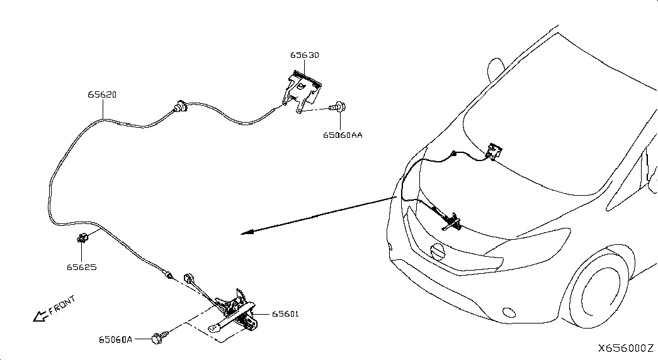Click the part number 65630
305,55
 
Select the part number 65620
102,95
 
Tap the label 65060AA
343,135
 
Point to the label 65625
81,267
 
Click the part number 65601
285,314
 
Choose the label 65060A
115,339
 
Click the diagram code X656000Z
626,348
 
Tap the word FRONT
62,305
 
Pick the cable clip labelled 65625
82,238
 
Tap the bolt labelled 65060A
159,337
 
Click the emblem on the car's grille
437,251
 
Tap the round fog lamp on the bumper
509,313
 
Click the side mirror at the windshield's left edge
496,70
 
